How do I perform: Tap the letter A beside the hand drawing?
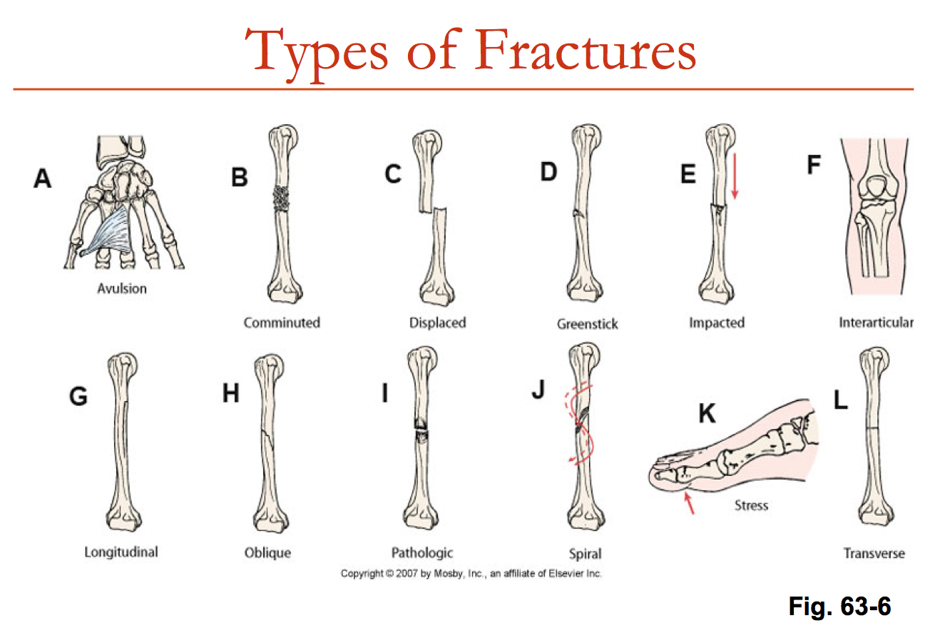point(43,178)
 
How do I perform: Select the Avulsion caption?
point(121,289)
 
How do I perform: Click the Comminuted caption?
point(282,323)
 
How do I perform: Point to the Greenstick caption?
point(587,324)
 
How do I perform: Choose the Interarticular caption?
point(876,323)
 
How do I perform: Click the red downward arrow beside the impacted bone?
point(735,174)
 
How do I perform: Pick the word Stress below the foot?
point(751,505)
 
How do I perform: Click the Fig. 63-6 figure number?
point(839,607)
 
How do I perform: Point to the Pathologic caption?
point(422,552)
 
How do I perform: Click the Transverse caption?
point(874,553)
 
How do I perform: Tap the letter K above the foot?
point(706,413)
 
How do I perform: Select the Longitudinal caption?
point(121,552)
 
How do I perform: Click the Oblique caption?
point(268,552)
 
